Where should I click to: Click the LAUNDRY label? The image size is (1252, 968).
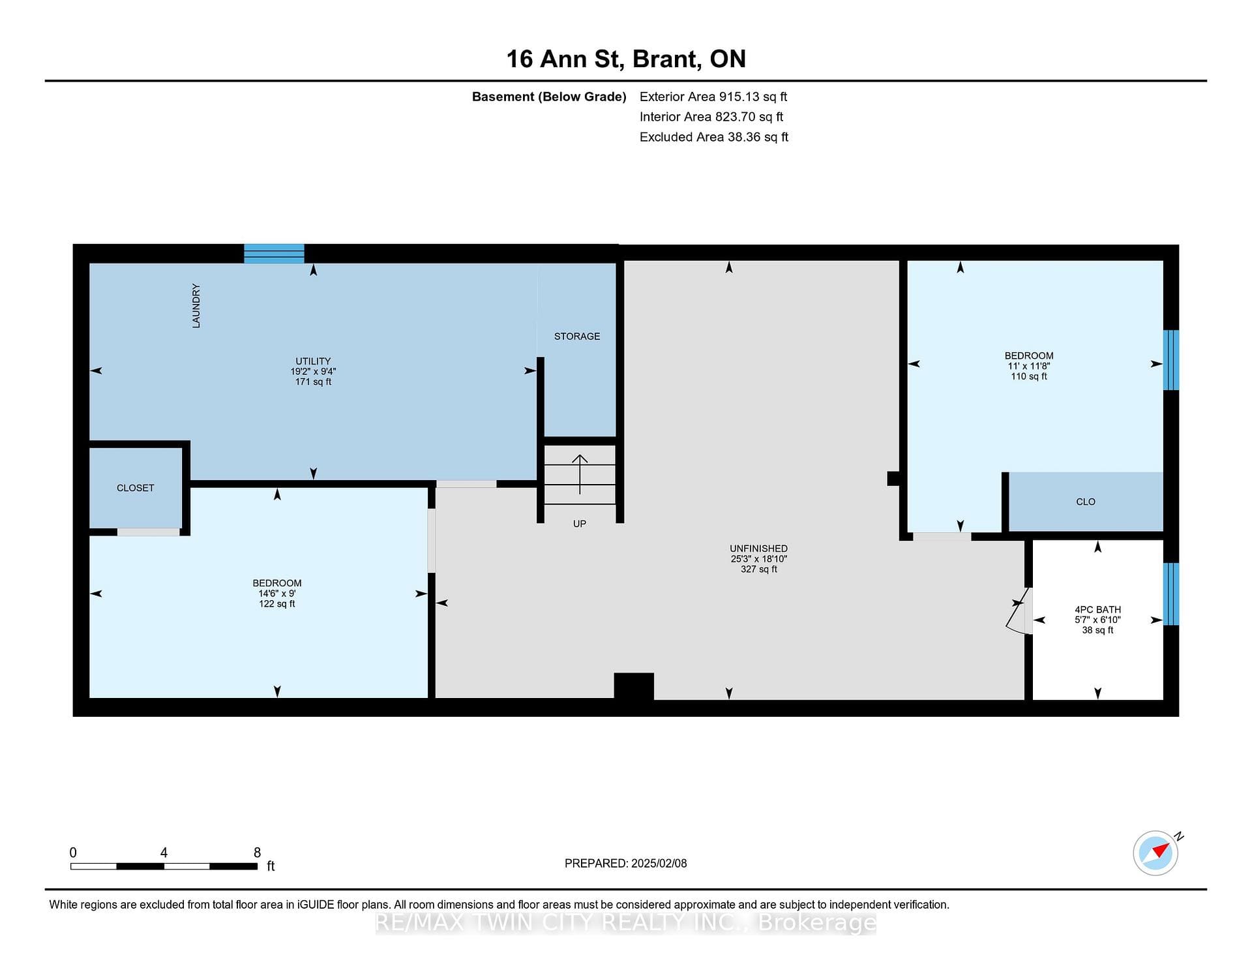point(196,306)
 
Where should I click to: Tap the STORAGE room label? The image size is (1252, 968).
point(577,337)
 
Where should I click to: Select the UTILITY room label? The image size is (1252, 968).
point(313,361)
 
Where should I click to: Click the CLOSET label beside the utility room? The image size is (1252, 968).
point(136,488)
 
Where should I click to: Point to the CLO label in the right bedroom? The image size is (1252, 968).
point(1086,502)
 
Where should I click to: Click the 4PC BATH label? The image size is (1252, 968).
point(1098,609)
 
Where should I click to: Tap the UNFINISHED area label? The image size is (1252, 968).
point(759,549)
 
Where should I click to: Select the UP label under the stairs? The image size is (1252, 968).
point(580,524)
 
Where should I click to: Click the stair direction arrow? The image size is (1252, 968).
point(580,474)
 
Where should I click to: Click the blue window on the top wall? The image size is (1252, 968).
point(274,253)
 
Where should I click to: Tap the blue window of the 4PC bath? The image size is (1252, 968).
point(1171,594)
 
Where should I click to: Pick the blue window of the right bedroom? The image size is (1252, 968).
point(1171,360)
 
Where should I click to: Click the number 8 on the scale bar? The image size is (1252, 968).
point(258,853)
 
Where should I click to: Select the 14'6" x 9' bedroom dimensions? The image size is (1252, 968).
point(277,594)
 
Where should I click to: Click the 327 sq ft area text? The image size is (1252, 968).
point(759,569)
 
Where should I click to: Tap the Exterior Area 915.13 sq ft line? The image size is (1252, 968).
point(713,97)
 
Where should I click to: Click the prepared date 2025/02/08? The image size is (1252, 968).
point(659,864)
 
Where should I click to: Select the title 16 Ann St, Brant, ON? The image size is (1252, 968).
point(626,59)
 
